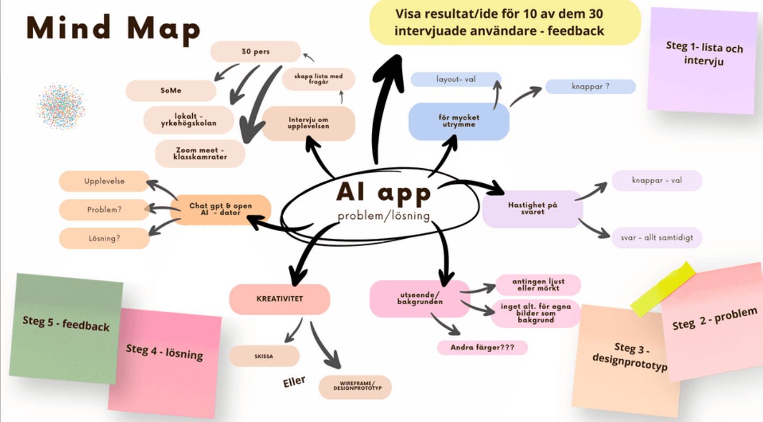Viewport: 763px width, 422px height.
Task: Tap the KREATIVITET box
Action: click(x=279, y=299)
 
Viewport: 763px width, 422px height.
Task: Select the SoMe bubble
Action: click(x=171, y=91)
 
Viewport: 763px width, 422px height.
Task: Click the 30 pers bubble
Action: click(x=255, y=52)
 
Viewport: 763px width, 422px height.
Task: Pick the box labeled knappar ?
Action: click(x=591, y=86)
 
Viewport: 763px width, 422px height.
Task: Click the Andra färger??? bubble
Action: click(x=482, y=347)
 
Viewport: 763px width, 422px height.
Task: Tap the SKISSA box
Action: click(x=264, y=356)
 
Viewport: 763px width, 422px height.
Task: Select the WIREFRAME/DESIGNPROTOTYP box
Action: click(x=355, y=387)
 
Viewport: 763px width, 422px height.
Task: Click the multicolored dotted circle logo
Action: click(x=61, y=103)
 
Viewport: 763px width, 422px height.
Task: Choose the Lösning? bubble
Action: click(x=104, y=238)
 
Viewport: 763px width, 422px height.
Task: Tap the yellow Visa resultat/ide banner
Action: click(x=505, y=22)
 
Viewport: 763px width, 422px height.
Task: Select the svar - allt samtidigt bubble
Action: click(x=657, y=238)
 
